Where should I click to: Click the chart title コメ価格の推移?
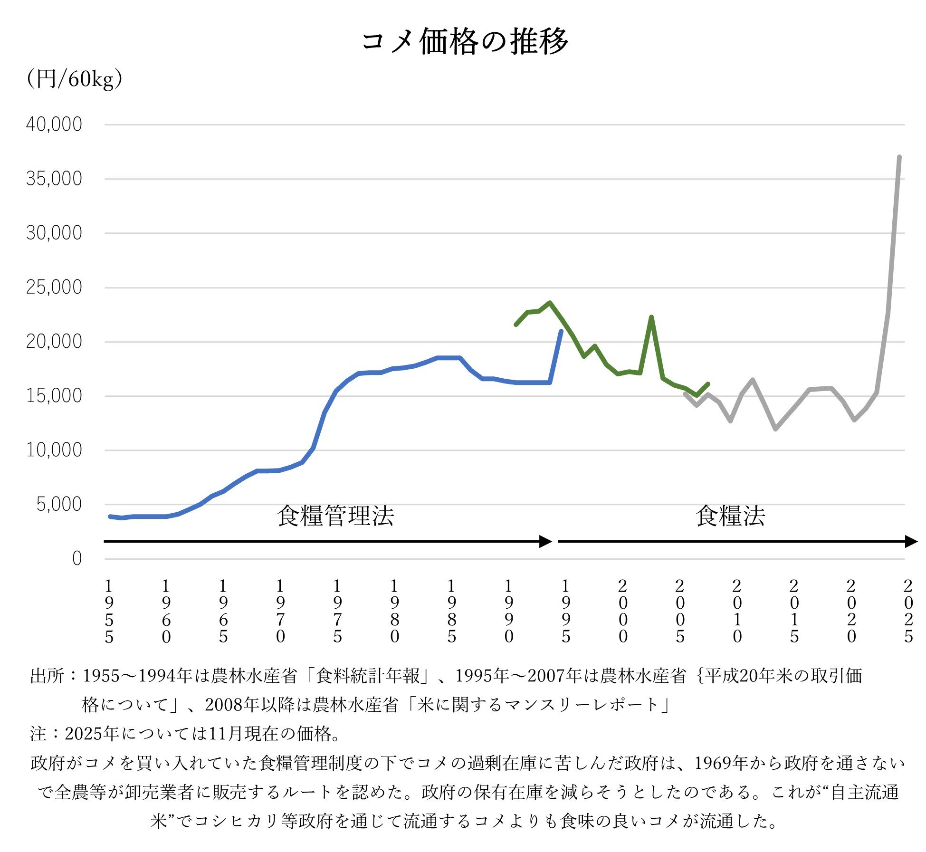coord(464,42)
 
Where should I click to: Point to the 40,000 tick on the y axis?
coord(54,124)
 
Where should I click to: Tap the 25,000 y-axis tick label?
coord(54,287)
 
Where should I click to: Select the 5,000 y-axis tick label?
coord(59,505)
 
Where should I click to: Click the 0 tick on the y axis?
coord(77,559)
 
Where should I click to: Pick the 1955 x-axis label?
coord(109,611)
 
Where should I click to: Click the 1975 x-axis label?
coord(337,611)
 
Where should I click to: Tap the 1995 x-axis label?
coord(566,611)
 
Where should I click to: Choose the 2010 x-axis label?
coord(737,611)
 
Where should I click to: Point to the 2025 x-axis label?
coord(908,611)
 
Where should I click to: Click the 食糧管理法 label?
coord(335,516)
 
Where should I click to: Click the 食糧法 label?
coord(730,516)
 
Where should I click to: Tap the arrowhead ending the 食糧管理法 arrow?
coord(546,541)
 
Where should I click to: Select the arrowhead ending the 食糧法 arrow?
coord(911,541)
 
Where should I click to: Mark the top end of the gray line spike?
coord(899,157)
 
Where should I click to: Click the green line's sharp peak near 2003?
coord(651,317)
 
